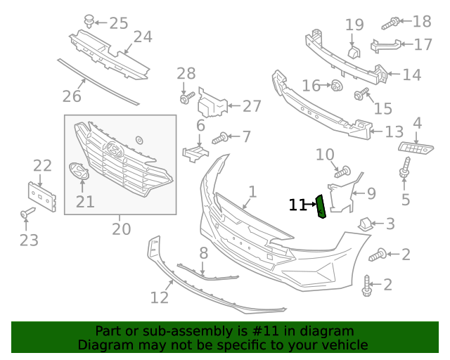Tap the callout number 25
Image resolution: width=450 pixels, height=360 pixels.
pyautogui.click(x=118, y=23)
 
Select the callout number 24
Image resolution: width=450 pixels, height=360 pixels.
pyautogui.click(x=143, y=37)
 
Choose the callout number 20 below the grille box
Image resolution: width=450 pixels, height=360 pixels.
pyautogui.click(x=121, y=229)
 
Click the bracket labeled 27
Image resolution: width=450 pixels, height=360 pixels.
pyautogui.click(x=213, y=105)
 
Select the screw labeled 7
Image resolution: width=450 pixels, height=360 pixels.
pyautogui.click(x=219, y=136)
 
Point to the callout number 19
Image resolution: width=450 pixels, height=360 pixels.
pyautogui.click(x=354, y=25)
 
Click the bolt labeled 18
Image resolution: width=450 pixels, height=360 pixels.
pyautogui.click(x=392, y=22)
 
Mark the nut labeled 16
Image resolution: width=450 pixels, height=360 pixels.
pyautogui.click(x=337, y=86)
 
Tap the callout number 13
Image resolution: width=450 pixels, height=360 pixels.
pyautogui.click(x=394, y=131)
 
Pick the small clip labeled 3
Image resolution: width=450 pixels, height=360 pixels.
pyautogui.click(x=366, y=224)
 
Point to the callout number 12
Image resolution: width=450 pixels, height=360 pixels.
pyautogui.click(x=160, y=297)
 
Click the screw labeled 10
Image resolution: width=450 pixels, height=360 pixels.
pyautogui.click(x=342, y=171)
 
